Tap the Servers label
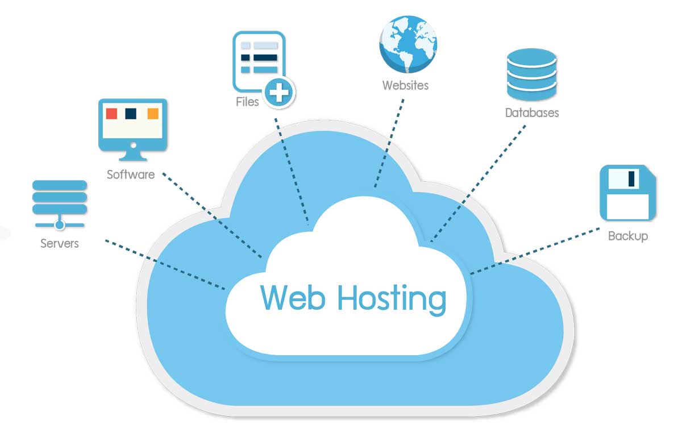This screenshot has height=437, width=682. click(x=60, y=244)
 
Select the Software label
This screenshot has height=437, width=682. click(x=131, y=174)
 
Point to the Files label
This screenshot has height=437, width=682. click(x=247, y=102)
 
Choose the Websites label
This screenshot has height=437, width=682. click(x=405, y=86)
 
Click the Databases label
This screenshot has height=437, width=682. click(x=532, y=113)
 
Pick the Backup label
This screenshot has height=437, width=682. click(x=627, y=236)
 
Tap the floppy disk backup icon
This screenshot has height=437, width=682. click(x=628, y=193)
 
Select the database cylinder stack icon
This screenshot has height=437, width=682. click(x=531, y=74)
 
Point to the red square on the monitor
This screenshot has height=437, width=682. click(x=111, y=114)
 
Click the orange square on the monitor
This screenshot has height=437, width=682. click(x=153, y=114)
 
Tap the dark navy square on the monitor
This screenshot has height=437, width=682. click(x=132, y=114)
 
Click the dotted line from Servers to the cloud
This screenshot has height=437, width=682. click(x=165, y=265)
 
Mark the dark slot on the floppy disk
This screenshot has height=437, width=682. click(x=631, y=179)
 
